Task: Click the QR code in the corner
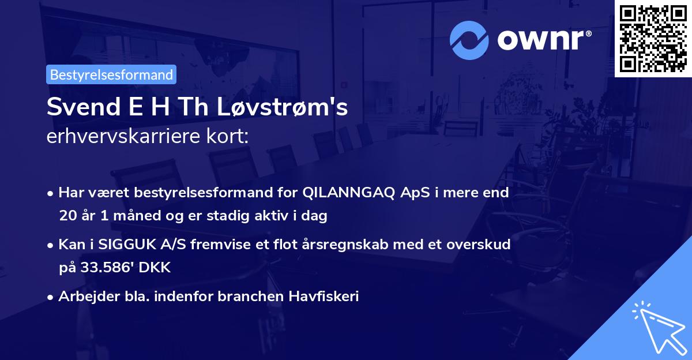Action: click(x=653, y=38)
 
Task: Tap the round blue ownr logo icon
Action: click(x=469, y=39)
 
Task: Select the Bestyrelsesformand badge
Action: click(x=111, y=74)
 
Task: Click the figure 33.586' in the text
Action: click(x=106, y=267)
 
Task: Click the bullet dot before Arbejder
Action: click(x=51, y=297)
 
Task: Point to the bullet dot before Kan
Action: click(x=51, y=245)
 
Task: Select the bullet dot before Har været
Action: click(x=51, y=193)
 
